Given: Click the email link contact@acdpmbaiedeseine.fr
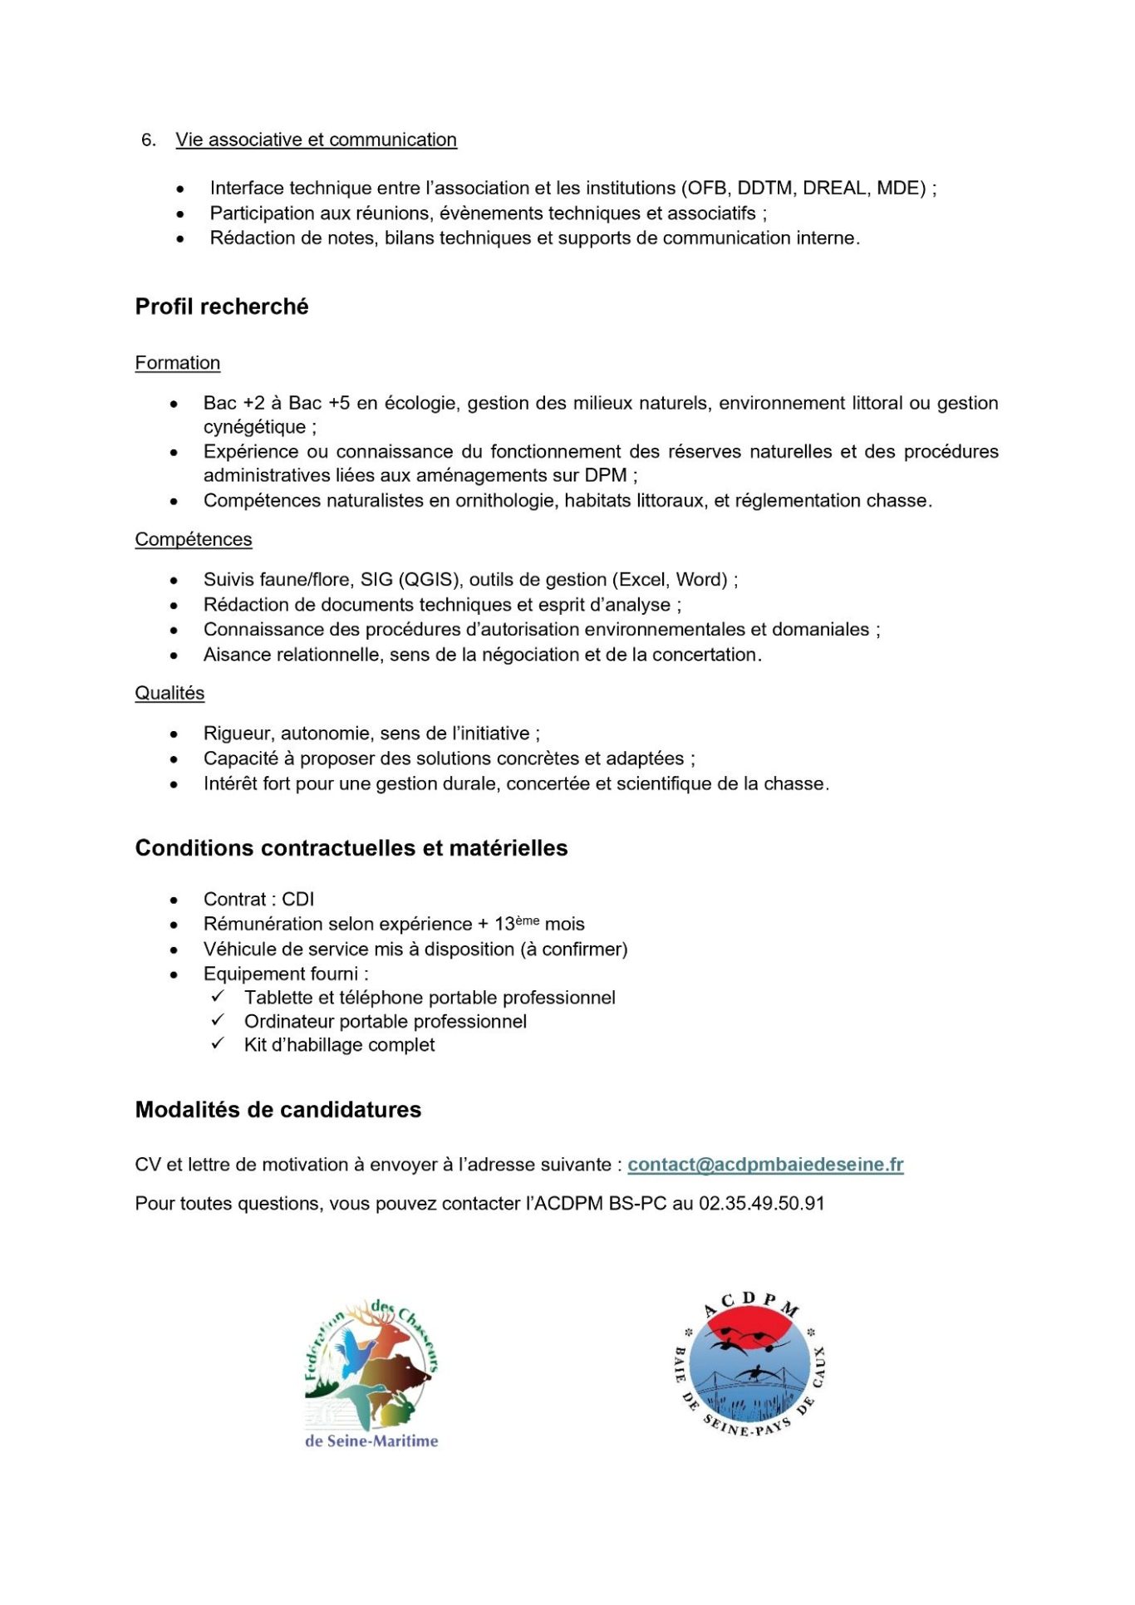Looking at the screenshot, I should click(x=764, y=1165).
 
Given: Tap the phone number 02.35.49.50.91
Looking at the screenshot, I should click(x=761, y=1204).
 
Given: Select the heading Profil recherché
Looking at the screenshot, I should click(x=222, y=307).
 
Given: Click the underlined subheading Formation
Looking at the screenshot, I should click(x=178, y=363).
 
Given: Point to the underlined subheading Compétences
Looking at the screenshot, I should click(x=194, y=539).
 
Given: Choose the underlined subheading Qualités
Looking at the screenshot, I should click(x=170, y=693).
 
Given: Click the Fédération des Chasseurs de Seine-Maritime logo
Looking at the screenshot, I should click(x=371, y=1374).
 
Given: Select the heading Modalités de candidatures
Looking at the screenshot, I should click(x=278, y=1110).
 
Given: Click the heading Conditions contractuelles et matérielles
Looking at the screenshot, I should click(x=351, y=848).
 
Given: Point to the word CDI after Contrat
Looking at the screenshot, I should click(x=298, y=899).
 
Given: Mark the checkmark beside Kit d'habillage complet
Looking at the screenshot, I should click(x=218, y=1043).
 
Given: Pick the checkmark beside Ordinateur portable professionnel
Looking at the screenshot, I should click(x=218, y=1020).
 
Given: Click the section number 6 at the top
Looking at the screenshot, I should click(x=148, y=140).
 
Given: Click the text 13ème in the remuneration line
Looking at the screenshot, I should click(x=516, y=924).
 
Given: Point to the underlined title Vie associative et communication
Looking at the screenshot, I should click(x=316, y=140).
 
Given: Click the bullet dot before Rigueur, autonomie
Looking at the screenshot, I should click(x=174, y=734).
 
